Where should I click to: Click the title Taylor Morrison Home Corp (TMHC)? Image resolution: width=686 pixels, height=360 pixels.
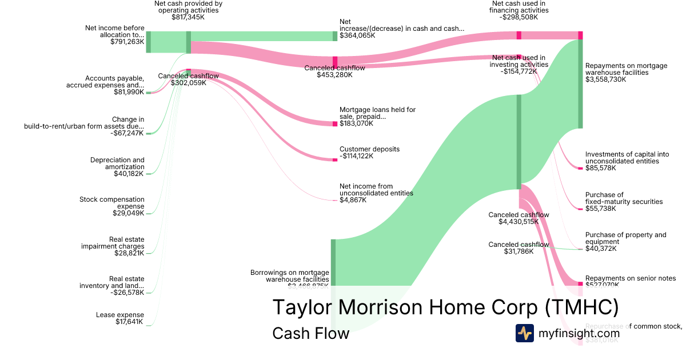click(x=445, y=307)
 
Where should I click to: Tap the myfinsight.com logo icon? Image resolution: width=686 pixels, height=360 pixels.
click(x=524, y=333)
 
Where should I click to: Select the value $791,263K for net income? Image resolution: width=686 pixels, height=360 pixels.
click(x=127, y=42)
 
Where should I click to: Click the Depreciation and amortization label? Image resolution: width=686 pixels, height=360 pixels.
click(x=117, y=163)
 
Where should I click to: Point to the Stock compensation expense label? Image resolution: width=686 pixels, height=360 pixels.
click(x=112, y=203)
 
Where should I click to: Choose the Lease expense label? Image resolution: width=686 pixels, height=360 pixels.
click(x=120, y=315)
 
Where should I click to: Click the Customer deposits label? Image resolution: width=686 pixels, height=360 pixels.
click(x=369, y=149)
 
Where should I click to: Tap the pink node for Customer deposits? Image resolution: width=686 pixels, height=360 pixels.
click(x=335, y=160)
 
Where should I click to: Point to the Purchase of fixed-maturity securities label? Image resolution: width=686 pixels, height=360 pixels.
click(x=624, y=198)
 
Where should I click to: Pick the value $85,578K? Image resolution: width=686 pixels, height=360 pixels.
click(x=601, y=168)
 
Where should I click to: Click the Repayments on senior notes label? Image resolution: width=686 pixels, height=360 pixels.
click(x=631, y=278)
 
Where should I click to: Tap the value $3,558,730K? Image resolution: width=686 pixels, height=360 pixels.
click(x=605, y=79)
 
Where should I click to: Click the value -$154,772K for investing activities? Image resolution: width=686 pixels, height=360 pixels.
click(x=519, y=71)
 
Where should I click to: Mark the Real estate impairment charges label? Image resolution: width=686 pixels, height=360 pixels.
click(x=113, y=242)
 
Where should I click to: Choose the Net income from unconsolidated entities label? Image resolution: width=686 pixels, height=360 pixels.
click(x=376, y=189)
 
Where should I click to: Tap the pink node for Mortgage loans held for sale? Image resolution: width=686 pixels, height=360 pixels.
click(x=335, y=123)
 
